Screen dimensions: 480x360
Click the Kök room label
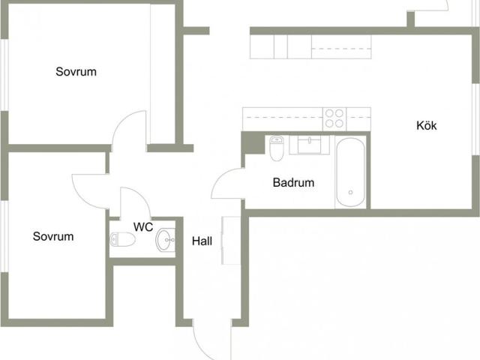click(426, 125)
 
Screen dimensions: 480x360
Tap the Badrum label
click(293, 182)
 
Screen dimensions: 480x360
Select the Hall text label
click(202, 241)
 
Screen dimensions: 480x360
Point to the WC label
click(143, 226)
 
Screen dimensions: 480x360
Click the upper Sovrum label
click(76, 72)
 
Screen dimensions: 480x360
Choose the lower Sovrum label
click(53, 236)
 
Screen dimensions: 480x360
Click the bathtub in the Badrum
click(350, 172)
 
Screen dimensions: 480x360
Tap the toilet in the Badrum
click(277, 148)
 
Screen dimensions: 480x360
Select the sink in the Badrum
click(310, 145)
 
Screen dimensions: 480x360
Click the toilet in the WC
click(122, 239)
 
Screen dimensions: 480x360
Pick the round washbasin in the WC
click(165, 240)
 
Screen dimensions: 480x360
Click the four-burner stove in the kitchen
click(334, 118)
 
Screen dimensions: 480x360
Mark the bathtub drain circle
click(350, 192)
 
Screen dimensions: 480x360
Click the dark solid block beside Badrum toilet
click(253, 143)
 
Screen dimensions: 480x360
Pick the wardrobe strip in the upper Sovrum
click(163, 73)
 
